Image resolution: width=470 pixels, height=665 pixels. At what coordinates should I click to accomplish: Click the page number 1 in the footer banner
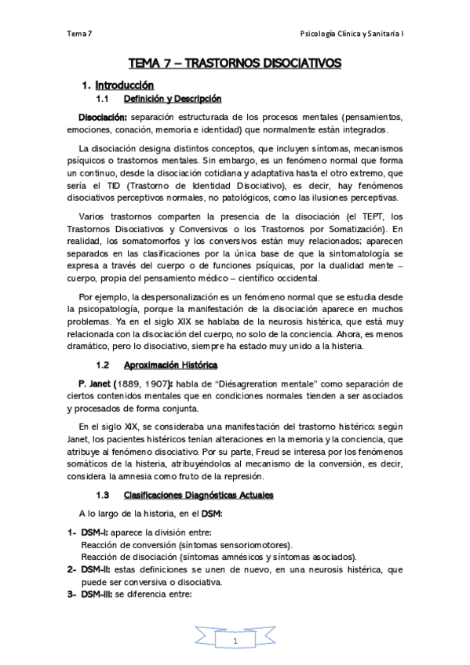pyautogui.click(x=234, y=641)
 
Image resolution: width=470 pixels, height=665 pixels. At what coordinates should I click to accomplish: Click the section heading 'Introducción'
pyautogui.click(x=124, y=85)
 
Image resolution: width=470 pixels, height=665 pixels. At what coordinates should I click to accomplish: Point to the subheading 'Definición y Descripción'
pyautogui.click(x=173, y=99)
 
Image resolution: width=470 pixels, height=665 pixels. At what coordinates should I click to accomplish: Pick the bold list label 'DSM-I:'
pyautogui.click(x=97, y=532)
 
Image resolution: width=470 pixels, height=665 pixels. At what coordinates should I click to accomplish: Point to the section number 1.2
pyautogui.click(x=102, y=365)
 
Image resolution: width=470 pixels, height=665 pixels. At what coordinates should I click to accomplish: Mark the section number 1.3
pyautogui.click(x=102, y=495)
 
